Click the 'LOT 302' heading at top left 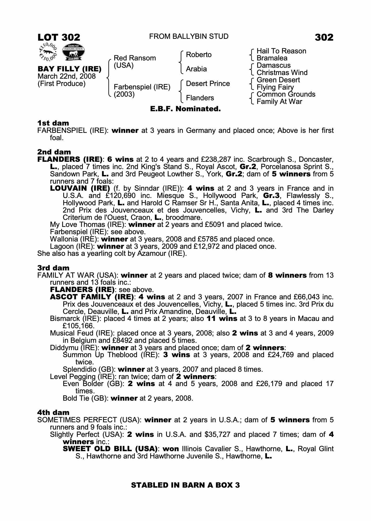pos(59,38)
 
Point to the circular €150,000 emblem pos(48,52)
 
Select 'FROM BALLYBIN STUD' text pos(188,36)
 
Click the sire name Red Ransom pos(135,58)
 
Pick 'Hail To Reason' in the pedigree pos(281,51)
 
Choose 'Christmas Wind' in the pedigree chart pos(282,73)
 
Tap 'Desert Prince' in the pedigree pos(208,84)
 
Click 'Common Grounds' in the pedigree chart pos(286,94)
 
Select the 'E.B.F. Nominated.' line pos(185,109)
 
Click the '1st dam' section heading pos(53,123)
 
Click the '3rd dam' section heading pos(53,268)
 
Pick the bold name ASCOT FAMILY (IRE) pos(92,297)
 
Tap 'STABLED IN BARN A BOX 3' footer pos(185,485)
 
